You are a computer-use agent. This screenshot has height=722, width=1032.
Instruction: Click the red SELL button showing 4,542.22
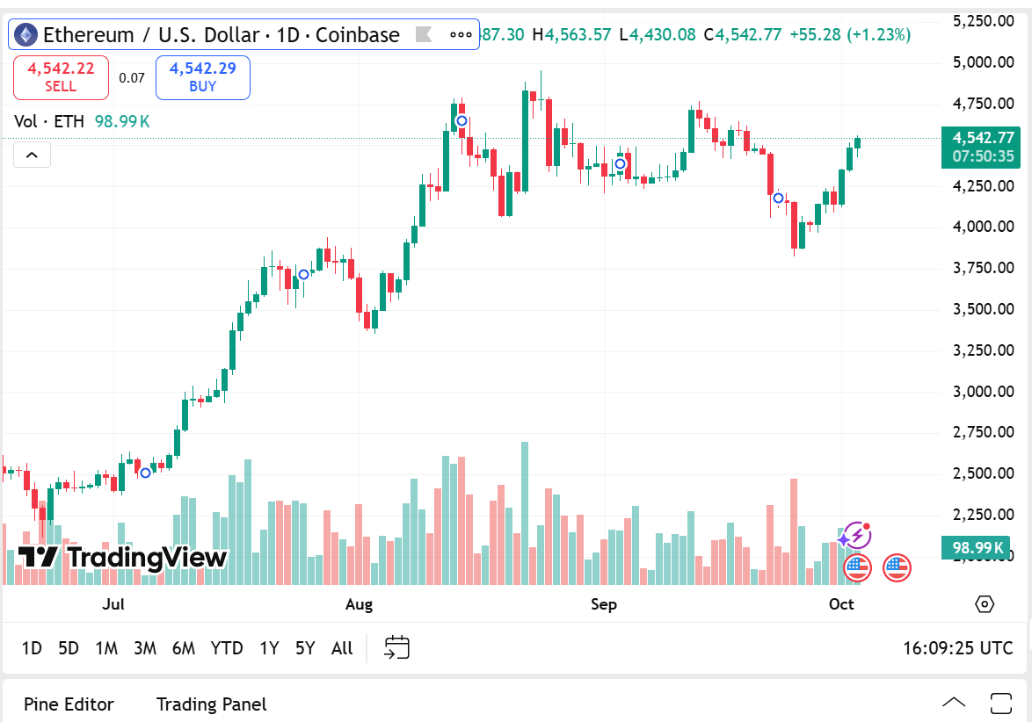61,77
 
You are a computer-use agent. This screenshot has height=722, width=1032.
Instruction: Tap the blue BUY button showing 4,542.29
202,77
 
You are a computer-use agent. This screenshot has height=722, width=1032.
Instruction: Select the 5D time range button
69,648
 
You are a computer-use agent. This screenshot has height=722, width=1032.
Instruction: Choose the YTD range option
227,648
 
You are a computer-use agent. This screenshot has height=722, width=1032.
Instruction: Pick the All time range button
342,648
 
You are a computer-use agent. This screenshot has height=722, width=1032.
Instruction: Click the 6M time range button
184,648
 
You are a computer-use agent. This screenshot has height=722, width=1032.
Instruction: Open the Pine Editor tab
69,704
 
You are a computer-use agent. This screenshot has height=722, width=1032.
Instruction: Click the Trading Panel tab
211,704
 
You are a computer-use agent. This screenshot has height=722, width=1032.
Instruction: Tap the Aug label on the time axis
359,604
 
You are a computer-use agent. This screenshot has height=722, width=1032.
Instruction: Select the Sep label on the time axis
604,604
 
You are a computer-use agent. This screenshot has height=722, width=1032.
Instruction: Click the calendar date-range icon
397,647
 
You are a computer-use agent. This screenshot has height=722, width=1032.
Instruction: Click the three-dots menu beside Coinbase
461,35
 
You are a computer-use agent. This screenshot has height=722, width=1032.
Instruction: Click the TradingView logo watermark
123,557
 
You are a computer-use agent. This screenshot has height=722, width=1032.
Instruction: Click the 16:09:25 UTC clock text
957,648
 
